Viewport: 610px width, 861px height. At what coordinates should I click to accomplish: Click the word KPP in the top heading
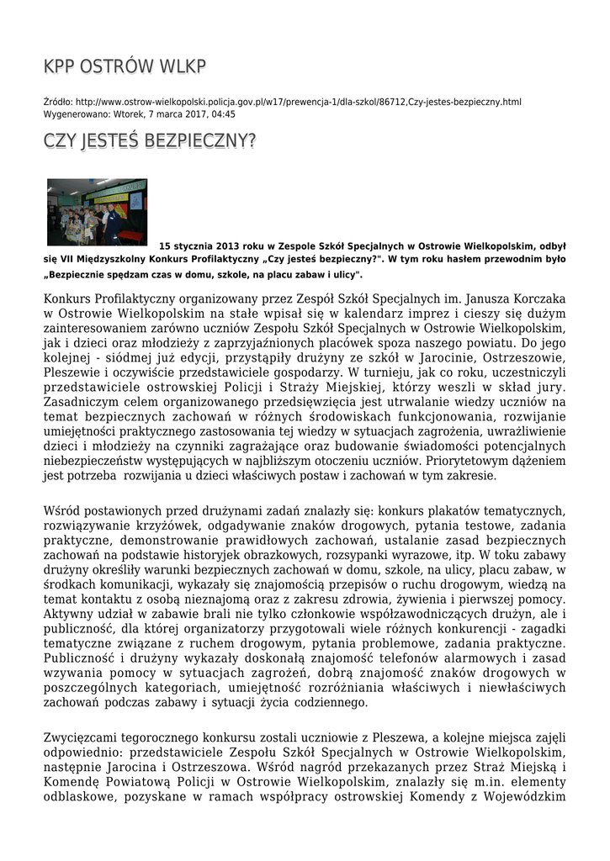point(59,67)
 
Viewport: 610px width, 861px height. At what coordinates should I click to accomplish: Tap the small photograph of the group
point(97,211)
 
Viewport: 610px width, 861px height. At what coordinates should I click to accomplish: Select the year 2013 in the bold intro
point(220,246)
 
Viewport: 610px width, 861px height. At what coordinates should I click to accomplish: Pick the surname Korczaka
point(538,298)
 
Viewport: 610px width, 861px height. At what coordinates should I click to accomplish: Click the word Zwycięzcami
point(80,737)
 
